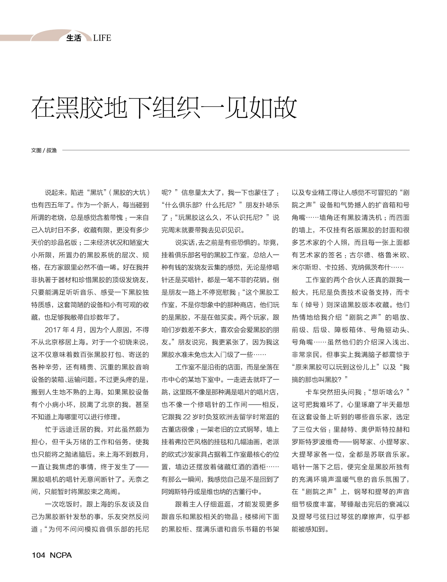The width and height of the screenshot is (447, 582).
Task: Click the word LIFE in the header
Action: [x=102, y=38]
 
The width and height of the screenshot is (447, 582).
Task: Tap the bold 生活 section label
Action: [x=74, y=38]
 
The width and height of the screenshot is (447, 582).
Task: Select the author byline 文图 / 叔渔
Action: [x=44, y=150]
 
